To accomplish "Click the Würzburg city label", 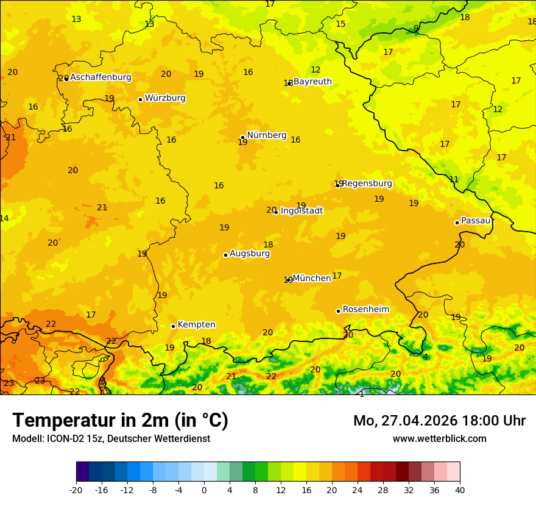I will [165, 98].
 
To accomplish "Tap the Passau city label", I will [476, 221].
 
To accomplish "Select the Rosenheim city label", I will [365, 310].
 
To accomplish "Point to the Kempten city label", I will [196, 325].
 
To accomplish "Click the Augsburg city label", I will [250, 254].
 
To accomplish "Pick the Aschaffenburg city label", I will [100, 77].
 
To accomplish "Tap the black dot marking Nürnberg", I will [242, 137].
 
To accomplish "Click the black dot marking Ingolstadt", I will [276, 212].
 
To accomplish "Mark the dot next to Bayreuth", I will [291, 83].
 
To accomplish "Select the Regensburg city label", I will [367, 184].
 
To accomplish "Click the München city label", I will [312, 278].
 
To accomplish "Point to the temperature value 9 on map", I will [416, 28].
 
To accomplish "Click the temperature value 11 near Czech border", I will [454, 179].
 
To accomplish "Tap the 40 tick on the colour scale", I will [460, 490].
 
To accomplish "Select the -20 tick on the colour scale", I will [76, 490].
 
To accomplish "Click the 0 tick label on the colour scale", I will [204, 490].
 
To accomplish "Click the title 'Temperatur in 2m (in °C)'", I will [120, 421].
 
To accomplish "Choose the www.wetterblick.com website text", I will [439, 439].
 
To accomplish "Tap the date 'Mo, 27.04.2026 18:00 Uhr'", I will [439, 421].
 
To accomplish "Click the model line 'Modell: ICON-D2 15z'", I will [111, 439].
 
